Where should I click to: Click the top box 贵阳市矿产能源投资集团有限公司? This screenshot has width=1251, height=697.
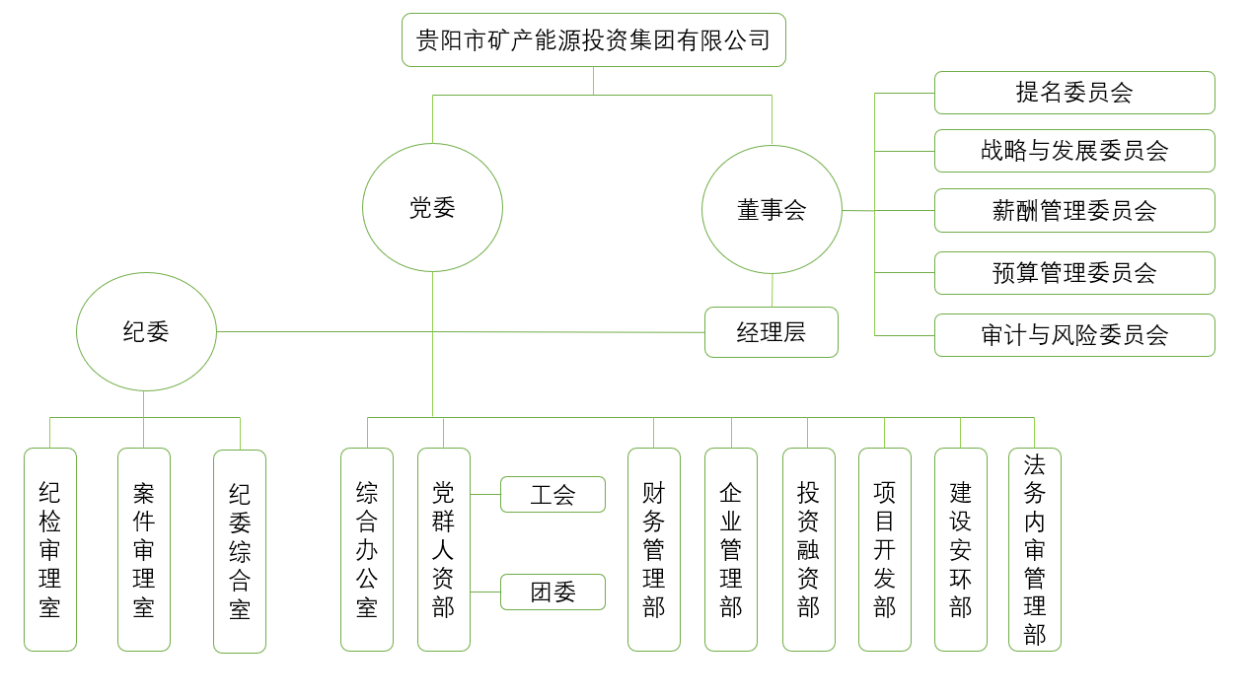point(593,40)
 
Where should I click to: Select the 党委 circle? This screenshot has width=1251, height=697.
point(432,208)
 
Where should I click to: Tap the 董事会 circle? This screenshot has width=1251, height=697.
point(772,210)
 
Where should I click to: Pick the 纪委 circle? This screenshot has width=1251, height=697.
point(146,332)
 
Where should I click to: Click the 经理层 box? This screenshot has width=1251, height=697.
point(772,332)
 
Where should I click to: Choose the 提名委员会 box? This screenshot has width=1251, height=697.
point(1073,93)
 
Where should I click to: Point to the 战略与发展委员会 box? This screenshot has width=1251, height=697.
point(1073,151)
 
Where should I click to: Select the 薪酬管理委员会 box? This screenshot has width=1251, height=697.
point(1073,211)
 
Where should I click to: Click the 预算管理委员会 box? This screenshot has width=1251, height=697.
point(1073,273)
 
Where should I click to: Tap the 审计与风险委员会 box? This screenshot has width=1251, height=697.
point(1073,335)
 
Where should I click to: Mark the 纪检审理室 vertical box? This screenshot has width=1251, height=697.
point(50,549)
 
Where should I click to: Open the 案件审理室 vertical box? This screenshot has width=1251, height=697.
point(144,549)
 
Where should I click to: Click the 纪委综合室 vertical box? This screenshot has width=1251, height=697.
point(240,551)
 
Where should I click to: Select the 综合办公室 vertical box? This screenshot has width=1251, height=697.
point(367,549)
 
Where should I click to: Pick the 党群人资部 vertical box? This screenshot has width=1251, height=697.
point(444,549)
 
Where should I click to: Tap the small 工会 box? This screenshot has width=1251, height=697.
point(552,494)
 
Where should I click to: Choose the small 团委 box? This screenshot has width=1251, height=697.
point(552,592)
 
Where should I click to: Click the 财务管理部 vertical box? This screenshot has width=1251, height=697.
point(654,549)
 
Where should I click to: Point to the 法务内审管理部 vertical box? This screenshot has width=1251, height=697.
point(1034,549)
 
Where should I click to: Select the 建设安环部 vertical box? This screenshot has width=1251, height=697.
point(961,549)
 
